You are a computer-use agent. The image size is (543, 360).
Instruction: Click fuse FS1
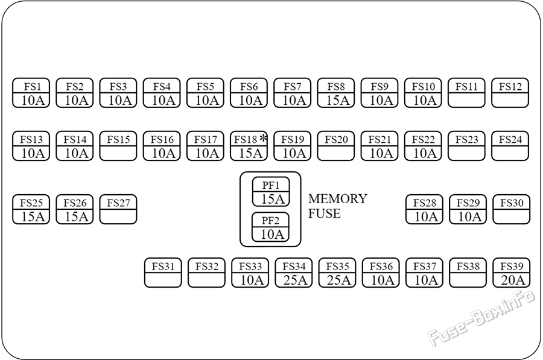(x=31, y=93)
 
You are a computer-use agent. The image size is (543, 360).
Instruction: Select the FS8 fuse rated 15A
(x=336, y=93)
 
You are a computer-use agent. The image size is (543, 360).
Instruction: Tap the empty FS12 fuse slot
(x=510, y=93)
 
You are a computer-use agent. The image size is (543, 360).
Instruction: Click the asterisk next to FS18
(x=264, y=138)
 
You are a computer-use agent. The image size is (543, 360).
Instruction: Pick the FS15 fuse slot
(x=118, y=146)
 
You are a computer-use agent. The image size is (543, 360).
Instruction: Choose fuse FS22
(x=423, y=146)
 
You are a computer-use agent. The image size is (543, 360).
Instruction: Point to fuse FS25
(x=31, y=209)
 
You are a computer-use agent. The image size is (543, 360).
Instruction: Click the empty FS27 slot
(x=118, y=209)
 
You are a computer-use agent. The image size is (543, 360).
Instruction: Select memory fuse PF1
(x=271, y=192)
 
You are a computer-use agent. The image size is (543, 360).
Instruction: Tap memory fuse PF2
(x=270, y=227)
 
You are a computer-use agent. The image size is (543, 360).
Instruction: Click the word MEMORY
(x=338, y=198)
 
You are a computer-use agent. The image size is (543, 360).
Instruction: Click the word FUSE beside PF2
(x=325, y=213)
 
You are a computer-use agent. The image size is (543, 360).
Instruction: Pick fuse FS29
(x=468, y=209)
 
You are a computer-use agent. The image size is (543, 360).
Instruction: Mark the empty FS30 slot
(x=511, y=209)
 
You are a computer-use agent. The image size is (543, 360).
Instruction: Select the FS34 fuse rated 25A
(x=294, y=273)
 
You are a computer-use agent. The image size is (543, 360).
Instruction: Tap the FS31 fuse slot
(x=163, y=273)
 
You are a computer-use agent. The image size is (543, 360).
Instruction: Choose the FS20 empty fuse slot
(x=336, y=146)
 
